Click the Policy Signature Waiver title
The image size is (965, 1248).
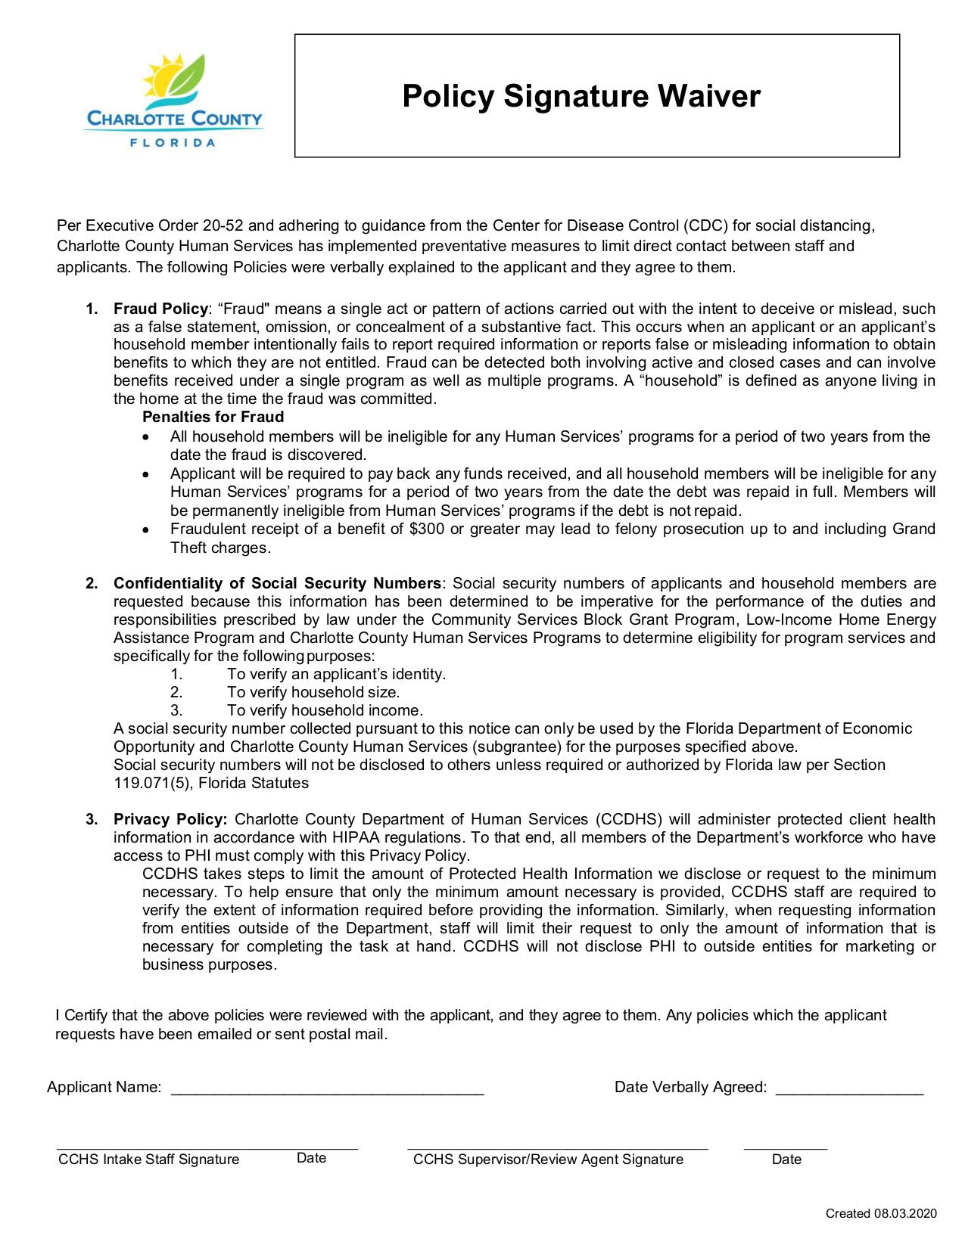coord(581,97)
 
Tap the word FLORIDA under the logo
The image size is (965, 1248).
coord(173,142)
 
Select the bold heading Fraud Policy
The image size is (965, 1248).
coord(160,309)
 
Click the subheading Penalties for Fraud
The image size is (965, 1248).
coord(213,418)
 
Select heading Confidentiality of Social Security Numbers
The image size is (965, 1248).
coord(277,584)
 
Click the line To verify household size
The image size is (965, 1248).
coord(313,693)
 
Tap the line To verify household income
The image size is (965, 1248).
coord(324,711)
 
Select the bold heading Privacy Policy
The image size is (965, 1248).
coord(170,820)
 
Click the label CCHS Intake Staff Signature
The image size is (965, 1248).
coord(148,1160)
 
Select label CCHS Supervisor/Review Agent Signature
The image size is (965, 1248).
coord(548,1160)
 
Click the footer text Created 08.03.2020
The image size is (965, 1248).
coord(881,1214)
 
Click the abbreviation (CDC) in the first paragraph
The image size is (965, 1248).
coord(705,226)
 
